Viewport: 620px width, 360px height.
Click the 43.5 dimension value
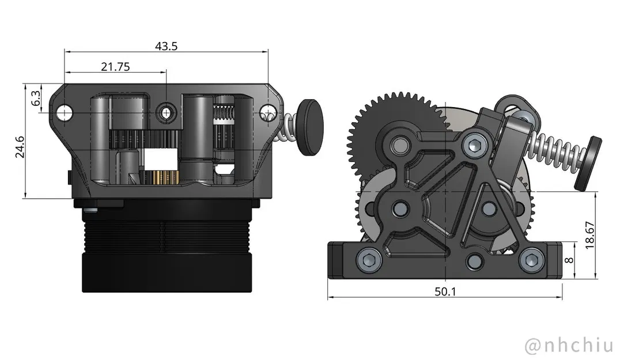click(166, 47)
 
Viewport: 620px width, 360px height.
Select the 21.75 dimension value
click(115, 66)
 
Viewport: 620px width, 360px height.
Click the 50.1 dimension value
click(445, 292)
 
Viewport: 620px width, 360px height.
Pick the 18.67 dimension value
click(589, 235)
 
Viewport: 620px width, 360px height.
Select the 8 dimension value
click(569, 260)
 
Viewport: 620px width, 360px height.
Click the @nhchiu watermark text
click(568, 346)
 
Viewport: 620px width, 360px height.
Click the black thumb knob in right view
click(588, 163)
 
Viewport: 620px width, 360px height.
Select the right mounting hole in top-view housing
click(267, 112)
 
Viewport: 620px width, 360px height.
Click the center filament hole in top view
click(167, 112)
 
